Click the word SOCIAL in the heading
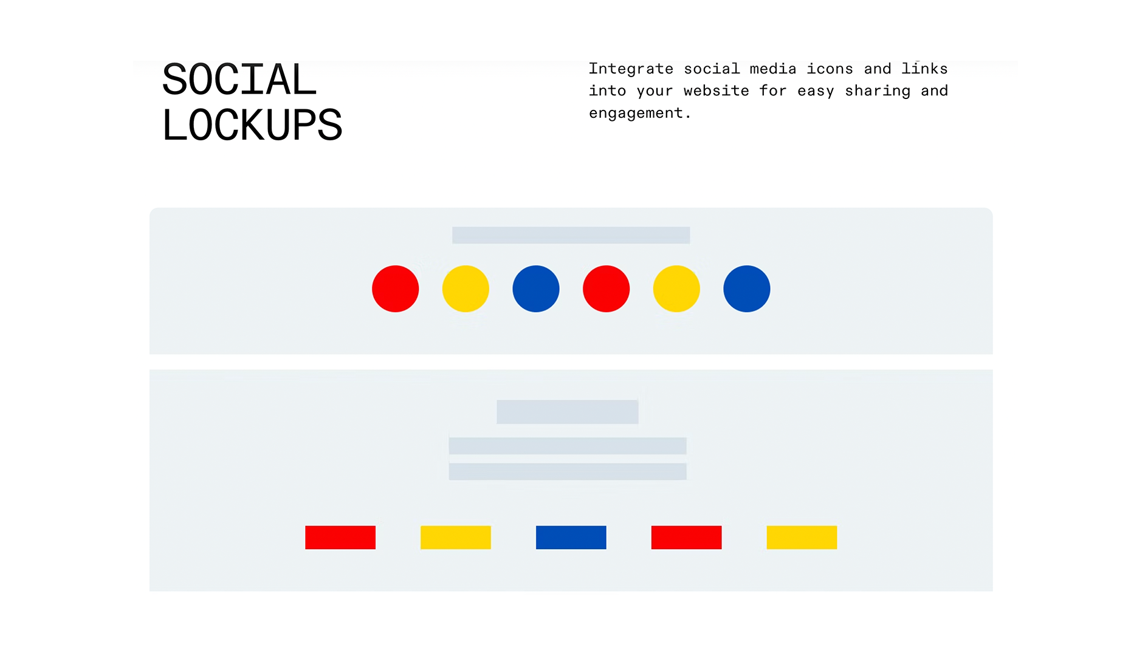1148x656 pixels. coord(239,80)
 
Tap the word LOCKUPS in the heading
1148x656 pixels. coord(252,126)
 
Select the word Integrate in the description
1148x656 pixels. coord(630,69)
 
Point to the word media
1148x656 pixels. coord(772,69)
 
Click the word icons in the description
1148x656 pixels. coord(830,69)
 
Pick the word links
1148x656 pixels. coord(924,69)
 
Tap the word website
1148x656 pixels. coord(716,91)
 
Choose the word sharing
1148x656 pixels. coord(877,91)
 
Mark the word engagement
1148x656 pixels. coord(636,114)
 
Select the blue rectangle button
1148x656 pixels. coord(571,538)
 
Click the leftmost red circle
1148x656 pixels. coord(395,289)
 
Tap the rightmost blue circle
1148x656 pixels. coord(746,289)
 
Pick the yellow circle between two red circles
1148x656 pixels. coord(466,289)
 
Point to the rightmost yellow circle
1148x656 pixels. coord(676,289)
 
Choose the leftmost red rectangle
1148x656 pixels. coord(340,538)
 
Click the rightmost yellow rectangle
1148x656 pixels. coord(801,538)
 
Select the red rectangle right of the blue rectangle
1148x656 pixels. coord(686,538)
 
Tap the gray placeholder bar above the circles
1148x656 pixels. coord(571,235)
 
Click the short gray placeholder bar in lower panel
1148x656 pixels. coord(567,412)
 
